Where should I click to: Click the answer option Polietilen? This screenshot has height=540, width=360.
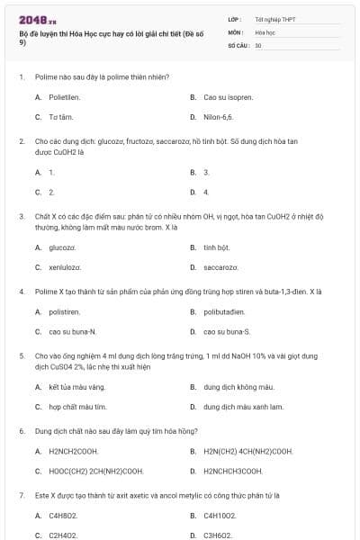(67, 96)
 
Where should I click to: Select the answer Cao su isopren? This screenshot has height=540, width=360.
(228, 96)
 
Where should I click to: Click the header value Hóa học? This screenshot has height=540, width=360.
(266, 31)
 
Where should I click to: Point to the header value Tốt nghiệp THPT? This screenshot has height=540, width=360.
(275, 19)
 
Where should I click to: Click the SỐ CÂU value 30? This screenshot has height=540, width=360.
(258, 44)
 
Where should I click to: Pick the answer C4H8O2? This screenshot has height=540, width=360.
(63, 516)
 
